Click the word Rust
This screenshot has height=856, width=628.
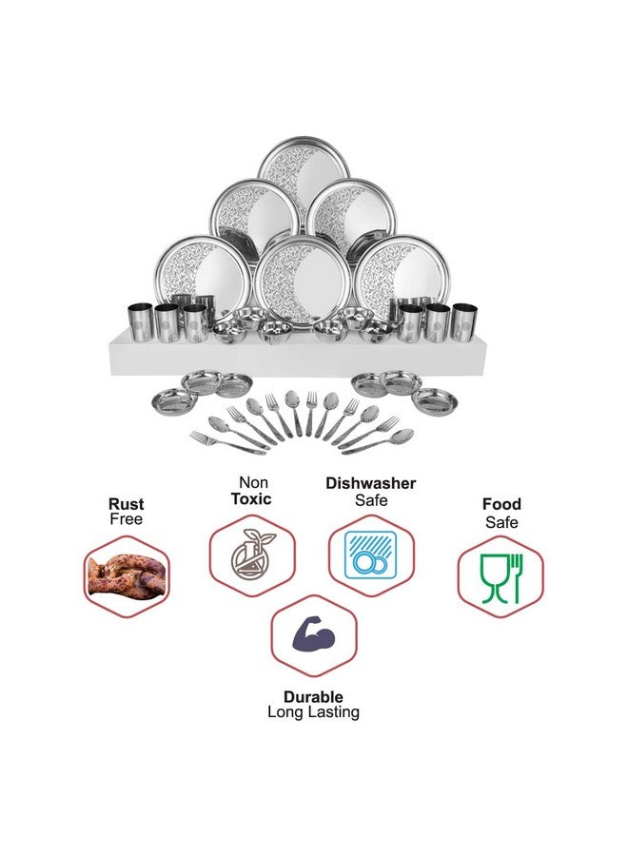tap(127, 504)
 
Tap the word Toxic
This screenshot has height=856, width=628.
tap(251, 499)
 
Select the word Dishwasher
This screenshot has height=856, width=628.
tap(371, 483)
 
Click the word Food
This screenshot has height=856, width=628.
tap(501, 504)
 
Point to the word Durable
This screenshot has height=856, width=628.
tap(313, 696)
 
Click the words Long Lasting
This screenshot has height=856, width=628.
tap(313, 711)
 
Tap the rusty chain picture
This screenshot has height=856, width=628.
tap(127, 575)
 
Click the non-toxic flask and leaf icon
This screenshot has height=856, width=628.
tap(252, 554)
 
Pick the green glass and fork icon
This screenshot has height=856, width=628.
tap(500, 578)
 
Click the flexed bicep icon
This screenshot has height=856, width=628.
tap(313, 636)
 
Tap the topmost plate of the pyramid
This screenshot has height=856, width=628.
tap(304, 174)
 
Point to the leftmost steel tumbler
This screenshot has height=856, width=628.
tap(140, 323)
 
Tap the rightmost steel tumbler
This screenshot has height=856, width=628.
tap(464, 322)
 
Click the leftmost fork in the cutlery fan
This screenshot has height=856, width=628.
tap(227, 442)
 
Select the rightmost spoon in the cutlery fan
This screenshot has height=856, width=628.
tap(378, 441)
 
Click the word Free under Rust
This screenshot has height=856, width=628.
tap(127, 519)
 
